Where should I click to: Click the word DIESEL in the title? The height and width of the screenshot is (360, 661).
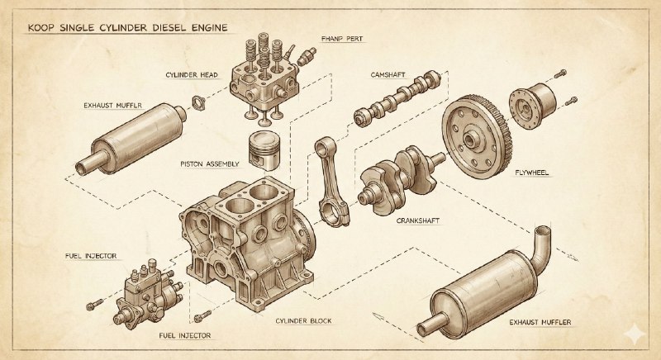171,28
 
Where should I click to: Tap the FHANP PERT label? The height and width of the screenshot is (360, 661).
342,39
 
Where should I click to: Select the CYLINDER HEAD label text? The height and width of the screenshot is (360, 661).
192,75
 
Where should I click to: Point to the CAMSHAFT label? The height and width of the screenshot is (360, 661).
388,75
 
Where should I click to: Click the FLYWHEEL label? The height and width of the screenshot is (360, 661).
532,173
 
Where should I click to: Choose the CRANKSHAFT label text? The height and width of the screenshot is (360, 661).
418,220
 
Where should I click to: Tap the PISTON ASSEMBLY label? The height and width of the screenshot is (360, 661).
210,163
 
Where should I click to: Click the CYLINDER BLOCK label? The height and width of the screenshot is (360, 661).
303,321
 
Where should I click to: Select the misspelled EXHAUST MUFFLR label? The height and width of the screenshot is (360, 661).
112,105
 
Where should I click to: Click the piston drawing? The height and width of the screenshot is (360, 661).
264,151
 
